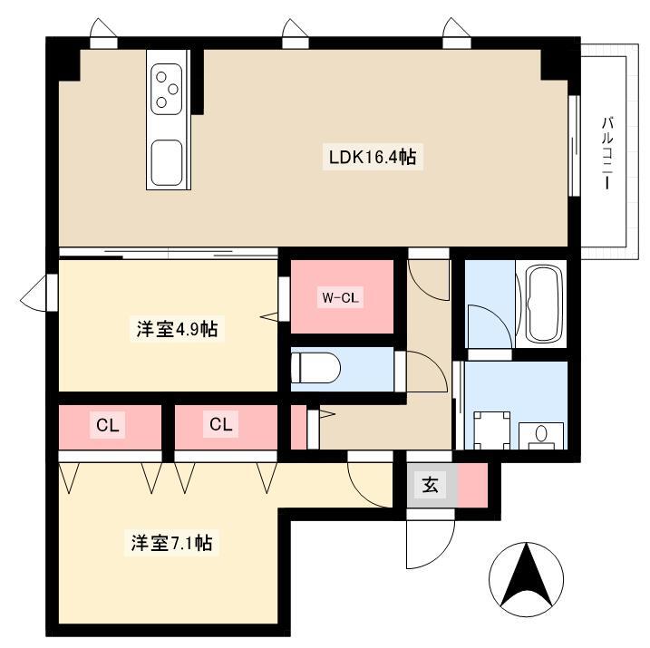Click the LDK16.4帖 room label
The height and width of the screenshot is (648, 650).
(x=373, y=157)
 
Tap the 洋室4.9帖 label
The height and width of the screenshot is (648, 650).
(x=177, y=329)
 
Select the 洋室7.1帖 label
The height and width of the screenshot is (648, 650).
(x=171, y=542)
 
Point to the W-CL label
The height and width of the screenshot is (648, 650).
(x=340, y=297)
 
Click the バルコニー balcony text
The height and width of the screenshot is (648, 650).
(x=606, y=153)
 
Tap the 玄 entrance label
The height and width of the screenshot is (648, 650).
(x=430, y=484)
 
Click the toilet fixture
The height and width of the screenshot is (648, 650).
(x=315, y=368)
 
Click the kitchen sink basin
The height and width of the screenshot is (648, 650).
(x=167, y=162)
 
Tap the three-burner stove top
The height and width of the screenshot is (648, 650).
(x=167, y=89)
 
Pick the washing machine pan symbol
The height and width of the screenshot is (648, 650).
(x=491, y=430)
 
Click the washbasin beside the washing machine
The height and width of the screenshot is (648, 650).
(x=541, y=435)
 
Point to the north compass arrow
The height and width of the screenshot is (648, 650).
(x=526, y=579)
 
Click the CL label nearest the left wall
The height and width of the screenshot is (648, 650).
(x=107, y=425)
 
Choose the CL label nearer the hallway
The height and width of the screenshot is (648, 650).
(x=220, y=424)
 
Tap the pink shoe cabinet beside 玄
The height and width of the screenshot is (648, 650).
(x=472, y=485)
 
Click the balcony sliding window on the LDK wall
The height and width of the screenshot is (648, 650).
(x=574, y=145)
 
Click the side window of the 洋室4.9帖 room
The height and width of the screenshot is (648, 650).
(x=53, y=293)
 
